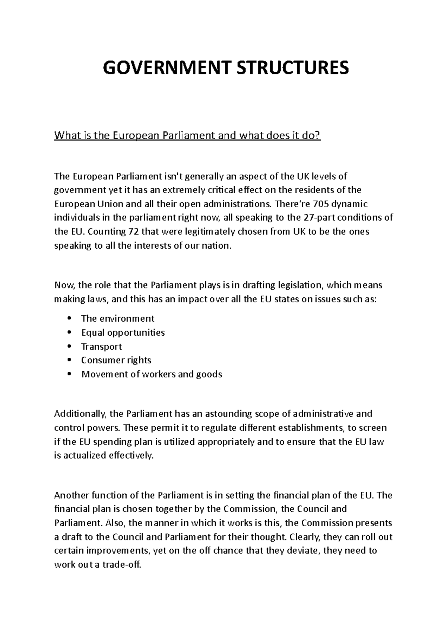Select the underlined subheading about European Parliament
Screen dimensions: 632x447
click(x=187, y=135)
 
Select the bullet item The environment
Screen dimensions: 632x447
click(x=117, y=319)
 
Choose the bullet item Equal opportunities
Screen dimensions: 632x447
click(x=123, y=332)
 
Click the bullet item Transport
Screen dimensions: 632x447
click(x=101, y=347)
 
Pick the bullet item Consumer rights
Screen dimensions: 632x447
click(x=116, y=360)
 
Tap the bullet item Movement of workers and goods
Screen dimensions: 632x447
click(x=152, y=374)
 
